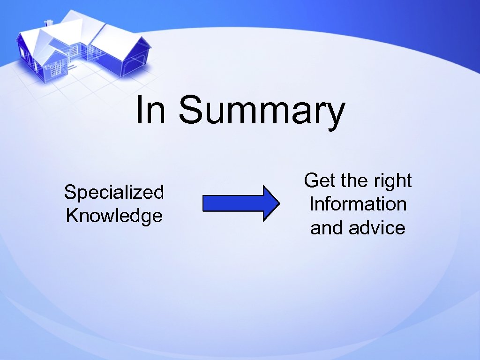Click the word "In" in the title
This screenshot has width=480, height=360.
pyautogui.click(x=150, y=111)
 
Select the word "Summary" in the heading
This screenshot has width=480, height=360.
pyautogui.click(x=262, y=112)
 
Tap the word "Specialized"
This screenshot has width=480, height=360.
pyautogui.click(x=114, y=192)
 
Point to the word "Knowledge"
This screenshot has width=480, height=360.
pyautogui.click(x=114, y=216)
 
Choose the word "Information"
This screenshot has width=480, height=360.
pyautogui.click(x=358, y=204)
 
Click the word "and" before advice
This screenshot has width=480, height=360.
pyautogui.click(x=327, y=228)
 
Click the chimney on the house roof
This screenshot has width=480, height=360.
pyautogui.click(x=48, y=22)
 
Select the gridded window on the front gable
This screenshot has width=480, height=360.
pyautogui.click(x=55, y=70)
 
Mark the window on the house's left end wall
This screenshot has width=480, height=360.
pyautogui.click(x=22, y=52)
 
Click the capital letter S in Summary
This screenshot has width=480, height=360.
pyautogui.click(x=192, y=111)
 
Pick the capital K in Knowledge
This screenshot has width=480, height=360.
pyautogui.click(x=73, y=216)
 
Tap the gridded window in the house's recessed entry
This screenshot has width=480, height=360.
pyautogui.click(x=74, y=50)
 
